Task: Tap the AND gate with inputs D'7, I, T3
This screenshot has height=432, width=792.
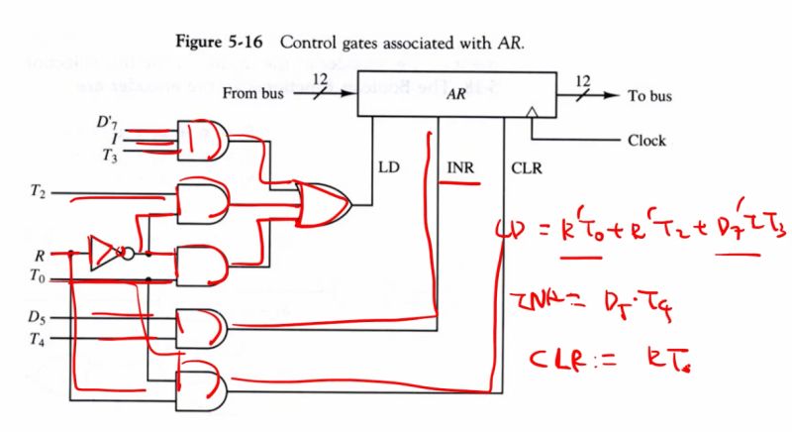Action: tap(203, 139)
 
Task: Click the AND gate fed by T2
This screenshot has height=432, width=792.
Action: tap(203, 204)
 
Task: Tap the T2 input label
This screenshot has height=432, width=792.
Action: tap(39, 191)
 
